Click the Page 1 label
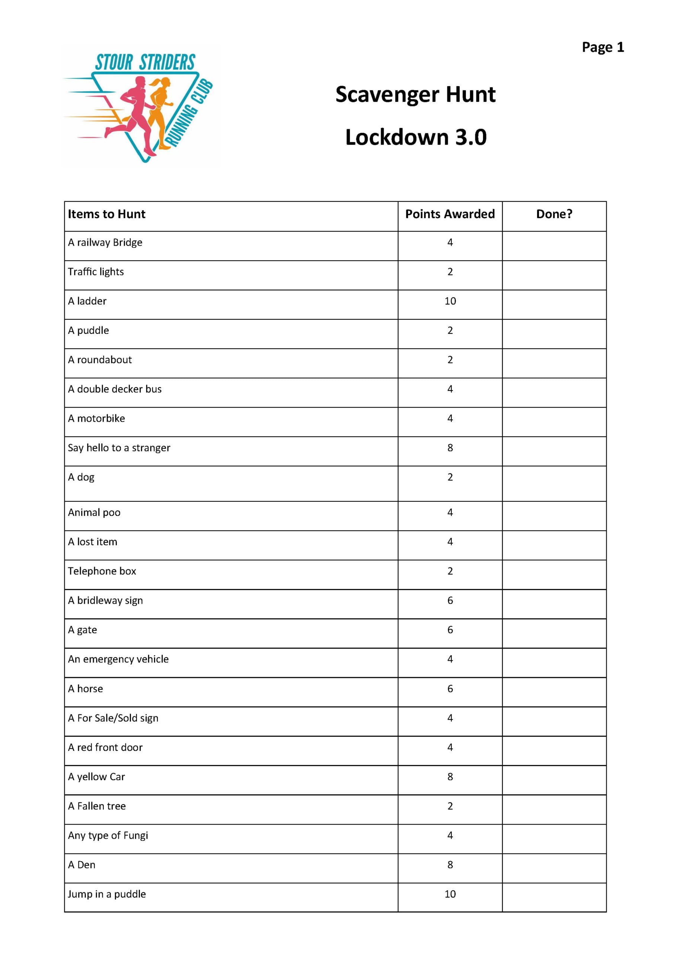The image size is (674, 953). click(603, 47)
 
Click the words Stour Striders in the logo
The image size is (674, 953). click(145, 63)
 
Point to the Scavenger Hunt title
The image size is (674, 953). click(415, 95)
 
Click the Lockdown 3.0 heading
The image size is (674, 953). click(416, 137)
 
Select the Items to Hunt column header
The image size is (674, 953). click(107, 214)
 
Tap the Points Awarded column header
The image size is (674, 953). click(450, 214)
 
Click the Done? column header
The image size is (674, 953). click(554, 214)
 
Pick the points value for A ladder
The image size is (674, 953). click(450, 301)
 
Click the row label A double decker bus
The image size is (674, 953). click(115, 389)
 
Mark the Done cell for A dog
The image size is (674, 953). click(554, 483)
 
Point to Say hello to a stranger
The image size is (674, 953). click(119, 448)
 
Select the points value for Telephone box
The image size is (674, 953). click(450, 571)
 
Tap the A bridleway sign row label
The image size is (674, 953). click(105, 600)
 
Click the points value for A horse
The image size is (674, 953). click(450, 689)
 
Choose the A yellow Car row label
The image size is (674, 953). click(97, 777)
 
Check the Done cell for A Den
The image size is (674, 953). click(554, 868)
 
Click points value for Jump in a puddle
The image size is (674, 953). click(450, 895)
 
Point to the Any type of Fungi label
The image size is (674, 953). click(108, 835)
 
